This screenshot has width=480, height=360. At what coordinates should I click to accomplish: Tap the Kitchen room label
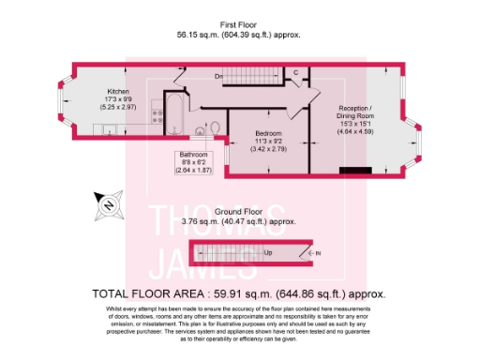tap(117, 92)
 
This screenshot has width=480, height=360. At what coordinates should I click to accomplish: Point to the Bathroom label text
tap(194, 156)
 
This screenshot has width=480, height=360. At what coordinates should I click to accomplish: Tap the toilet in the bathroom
tap(214, 127)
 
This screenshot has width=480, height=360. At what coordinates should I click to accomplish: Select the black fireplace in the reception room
tap(355, 170)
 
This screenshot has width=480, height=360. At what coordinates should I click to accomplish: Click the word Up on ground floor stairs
tap(268, 252)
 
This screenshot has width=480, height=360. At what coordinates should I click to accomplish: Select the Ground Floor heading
tap(243, 212)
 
